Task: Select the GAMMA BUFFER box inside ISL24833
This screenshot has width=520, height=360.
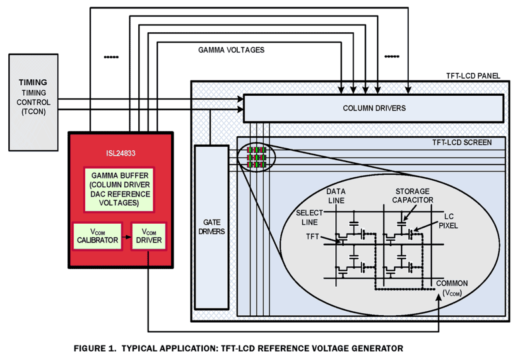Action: coord(118,188)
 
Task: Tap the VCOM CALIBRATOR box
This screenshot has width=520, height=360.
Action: coord(97,236)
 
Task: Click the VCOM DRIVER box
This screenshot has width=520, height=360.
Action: coord(149,236)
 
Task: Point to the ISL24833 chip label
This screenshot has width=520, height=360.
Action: coord(120,153)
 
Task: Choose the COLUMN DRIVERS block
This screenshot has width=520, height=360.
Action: coord(374,108)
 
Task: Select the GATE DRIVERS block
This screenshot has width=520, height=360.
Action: coord(211,227)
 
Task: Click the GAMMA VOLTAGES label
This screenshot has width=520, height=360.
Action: coord(231,50)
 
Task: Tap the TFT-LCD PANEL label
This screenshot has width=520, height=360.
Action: coord(473,76)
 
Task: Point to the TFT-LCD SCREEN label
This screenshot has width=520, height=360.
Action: coord(462,142)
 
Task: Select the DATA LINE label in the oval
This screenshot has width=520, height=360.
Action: coord(336,196)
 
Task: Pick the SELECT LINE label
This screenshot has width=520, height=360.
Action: coord(309,217)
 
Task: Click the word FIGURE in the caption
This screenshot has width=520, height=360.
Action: coord(88,348)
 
